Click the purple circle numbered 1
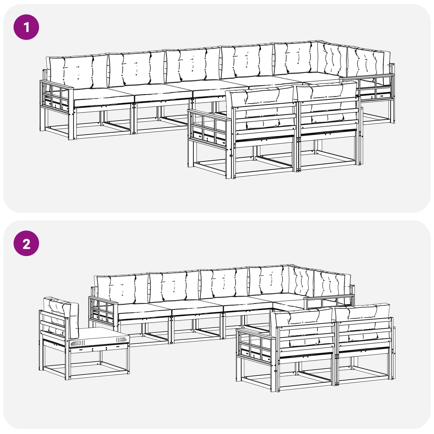pyautogui.click(x=26, y=27)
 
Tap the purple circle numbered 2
pyautogui.click(x=26, y=244)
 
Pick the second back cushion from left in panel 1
pyautogui.click(x=136, y=68)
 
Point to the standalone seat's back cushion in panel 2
pyautogui.click(x=61, y=316)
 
